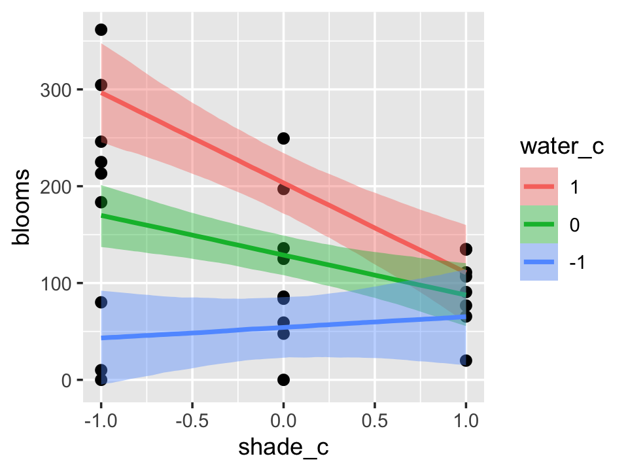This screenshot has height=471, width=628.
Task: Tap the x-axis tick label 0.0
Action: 283,418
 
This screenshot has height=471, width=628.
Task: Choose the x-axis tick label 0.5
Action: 375,418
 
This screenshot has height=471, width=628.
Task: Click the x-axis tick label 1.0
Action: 466,418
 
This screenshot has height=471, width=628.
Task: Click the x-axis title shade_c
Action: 283,448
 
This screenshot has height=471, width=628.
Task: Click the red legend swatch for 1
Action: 539,186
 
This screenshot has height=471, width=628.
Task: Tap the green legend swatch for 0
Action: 539,224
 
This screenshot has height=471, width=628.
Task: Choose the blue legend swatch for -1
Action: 539,262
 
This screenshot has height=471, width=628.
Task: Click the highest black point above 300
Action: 101,29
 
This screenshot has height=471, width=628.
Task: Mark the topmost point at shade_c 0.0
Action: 283,138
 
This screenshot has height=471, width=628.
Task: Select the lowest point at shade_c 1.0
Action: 466,360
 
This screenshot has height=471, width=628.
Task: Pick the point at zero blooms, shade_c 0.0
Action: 283,379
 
